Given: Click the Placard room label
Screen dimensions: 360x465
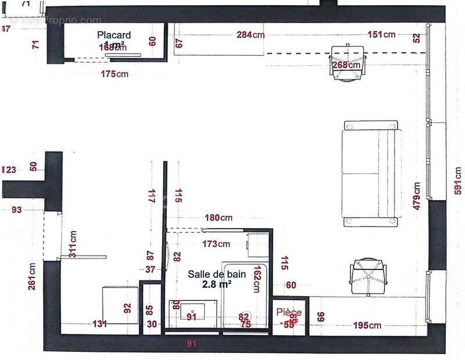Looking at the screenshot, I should tap(114, 35).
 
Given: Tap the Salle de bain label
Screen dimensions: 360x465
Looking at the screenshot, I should tap(217, 274).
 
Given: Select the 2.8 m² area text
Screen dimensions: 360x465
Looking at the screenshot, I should tap(217, 284).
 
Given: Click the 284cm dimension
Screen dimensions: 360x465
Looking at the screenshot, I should tap(251, 35).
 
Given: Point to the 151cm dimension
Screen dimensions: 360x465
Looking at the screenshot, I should tap(381, 35).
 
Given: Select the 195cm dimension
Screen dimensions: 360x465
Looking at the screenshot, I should tap(367, 326).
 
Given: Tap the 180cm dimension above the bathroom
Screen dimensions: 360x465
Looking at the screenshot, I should tap(219, 218).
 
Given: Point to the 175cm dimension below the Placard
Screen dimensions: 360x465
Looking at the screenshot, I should tap(115, 74).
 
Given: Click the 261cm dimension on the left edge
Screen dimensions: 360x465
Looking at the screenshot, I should tap(32, 276).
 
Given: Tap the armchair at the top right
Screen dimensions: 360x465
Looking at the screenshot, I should tap(348, 63).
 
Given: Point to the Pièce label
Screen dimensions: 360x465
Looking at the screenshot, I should tap(289, 312).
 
